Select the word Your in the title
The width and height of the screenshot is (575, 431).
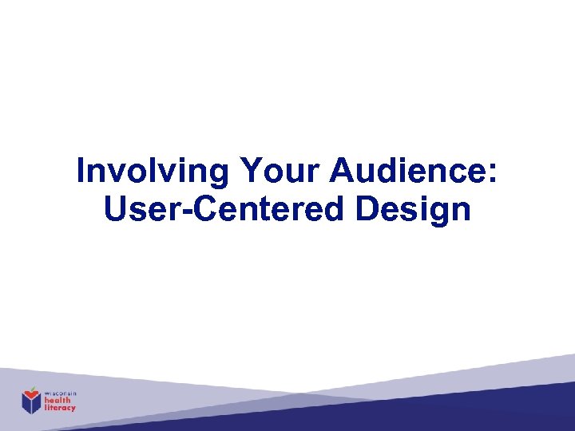[x=271, y=172]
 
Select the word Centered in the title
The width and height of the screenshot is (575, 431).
[x=264, y=209]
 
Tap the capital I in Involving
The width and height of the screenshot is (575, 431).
[x=81, y=172]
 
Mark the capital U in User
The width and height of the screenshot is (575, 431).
[x=114, y=209]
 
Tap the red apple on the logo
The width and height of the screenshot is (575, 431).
[x=31, y=392]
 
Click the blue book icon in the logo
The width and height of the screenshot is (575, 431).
[x=31, y=404]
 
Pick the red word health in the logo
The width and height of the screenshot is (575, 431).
[x=57, y=400]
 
